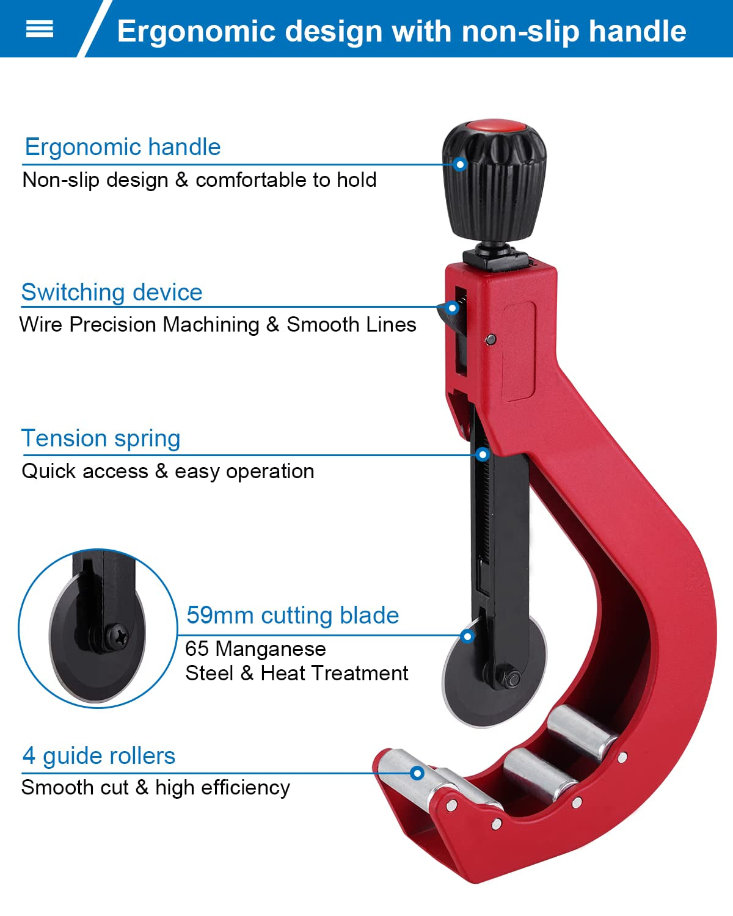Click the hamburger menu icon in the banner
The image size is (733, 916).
click(x=40, y=29)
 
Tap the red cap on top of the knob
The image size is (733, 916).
click(x=495, y=127)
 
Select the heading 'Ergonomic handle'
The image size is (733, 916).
click(x=122, y=147)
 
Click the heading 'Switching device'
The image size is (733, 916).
click(x=111, y=293)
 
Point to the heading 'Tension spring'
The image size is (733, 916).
click(x=101, y=438)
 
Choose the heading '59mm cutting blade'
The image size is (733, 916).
click(x=293, y=615)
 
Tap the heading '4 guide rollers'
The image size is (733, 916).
click(x=98, y=756)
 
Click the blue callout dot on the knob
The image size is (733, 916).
click(x=461, y=164)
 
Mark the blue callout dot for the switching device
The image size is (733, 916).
click(x=452, y=308)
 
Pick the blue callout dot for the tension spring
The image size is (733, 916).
click(x=483, y=454)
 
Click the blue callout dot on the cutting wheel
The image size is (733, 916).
click(x=468, y=636)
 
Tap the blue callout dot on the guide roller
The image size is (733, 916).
click(x=418, y=773)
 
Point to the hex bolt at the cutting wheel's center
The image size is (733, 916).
click(x=513, y=678)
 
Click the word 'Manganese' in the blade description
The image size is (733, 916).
click(x=271, y=649)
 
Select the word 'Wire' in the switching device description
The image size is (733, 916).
click(x=41, y=324)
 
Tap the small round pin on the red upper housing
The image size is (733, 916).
click(x=490, y=339)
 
